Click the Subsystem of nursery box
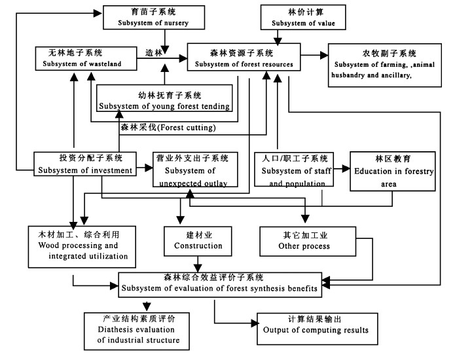point(154,18)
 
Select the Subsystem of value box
point(303,18)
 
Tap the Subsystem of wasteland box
point(86,59)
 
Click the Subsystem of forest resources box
point(244,57)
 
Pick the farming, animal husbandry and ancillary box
point(385,65)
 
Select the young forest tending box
point(164,98)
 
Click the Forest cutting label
point(168,128)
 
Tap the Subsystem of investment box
point(85,164)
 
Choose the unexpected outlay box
point(195,170)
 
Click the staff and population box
point(294,170)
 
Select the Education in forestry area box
point(393,171)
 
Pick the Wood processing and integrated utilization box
point(82,247)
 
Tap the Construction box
point(198,242)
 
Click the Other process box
point(308,242)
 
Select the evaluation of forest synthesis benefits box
point(220,285)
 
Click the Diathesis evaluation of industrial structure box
point(137,331)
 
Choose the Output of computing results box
point(318,329)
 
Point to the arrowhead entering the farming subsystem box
point(324,55)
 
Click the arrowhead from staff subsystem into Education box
point(346,168)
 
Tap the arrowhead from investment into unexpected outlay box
point(149,168)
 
